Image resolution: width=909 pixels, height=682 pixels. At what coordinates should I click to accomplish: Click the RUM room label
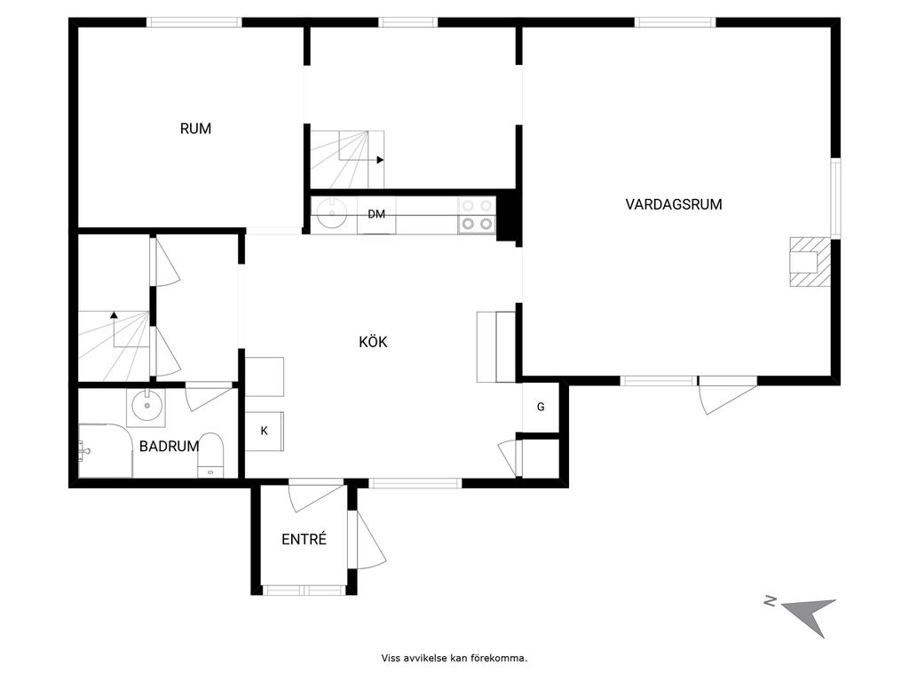click(x=195, y=129)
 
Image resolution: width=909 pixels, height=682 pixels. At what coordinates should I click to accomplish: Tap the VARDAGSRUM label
click(x=674, y=204)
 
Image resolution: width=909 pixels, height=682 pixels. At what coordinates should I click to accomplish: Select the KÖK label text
click(x=373, y=342)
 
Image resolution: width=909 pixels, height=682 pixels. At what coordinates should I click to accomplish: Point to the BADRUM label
click(x=169, y=446)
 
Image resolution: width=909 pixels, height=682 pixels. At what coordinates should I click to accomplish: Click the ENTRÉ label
click(x=304, y=539)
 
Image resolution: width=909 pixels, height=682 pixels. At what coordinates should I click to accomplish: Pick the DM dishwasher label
click(x=376, y=214)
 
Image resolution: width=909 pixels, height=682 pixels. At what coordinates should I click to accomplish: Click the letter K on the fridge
click(x=265, y=431)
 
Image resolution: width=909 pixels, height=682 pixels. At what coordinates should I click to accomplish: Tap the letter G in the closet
click(x=541, y=407)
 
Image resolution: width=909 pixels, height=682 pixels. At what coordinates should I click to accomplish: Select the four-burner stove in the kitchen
click(x=477, y=215)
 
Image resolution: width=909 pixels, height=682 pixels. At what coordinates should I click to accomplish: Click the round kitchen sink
click(x=331, y=213)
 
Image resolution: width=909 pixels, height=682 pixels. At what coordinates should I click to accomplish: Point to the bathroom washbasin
click(x=146, y=406)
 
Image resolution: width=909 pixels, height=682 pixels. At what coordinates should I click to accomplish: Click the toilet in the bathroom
click(x=211, y=455)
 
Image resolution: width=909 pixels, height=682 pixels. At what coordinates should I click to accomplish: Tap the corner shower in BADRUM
click(x=105, y=451)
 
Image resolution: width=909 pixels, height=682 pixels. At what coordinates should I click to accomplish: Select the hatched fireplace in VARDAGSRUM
click(x=810, y=262)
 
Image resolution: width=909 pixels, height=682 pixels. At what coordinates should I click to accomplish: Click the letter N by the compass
click(x=770, y=601)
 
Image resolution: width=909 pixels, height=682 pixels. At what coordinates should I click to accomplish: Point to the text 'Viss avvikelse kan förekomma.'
click(x=454, y=658)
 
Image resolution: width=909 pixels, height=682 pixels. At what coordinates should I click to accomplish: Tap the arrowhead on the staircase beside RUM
click(x=380, y=160)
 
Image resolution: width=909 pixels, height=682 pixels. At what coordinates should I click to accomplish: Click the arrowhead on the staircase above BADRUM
click(x=115, y=315)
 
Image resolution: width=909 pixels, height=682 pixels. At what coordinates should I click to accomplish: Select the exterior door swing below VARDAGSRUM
click(x=728, y=397)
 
